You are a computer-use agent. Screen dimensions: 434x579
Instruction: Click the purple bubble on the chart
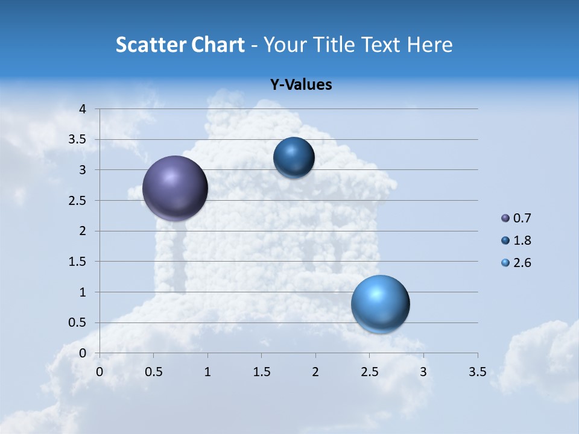[175, 188]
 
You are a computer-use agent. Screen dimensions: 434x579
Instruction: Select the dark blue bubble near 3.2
[294, 157]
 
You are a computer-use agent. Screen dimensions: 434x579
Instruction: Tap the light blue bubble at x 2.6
[380, 304]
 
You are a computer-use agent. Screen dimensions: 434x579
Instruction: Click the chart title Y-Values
[300, 85]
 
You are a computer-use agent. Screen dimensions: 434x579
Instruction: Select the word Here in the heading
[429, 45]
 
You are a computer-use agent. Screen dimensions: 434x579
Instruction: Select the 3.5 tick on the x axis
[477, 372]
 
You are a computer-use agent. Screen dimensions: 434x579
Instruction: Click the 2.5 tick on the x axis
[369, 372]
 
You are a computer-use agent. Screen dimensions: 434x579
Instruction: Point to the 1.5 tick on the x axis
[261, 372]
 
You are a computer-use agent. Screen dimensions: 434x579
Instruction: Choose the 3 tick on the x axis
[423, 372]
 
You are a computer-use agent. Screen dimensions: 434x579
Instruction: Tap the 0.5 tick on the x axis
[154, 372]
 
